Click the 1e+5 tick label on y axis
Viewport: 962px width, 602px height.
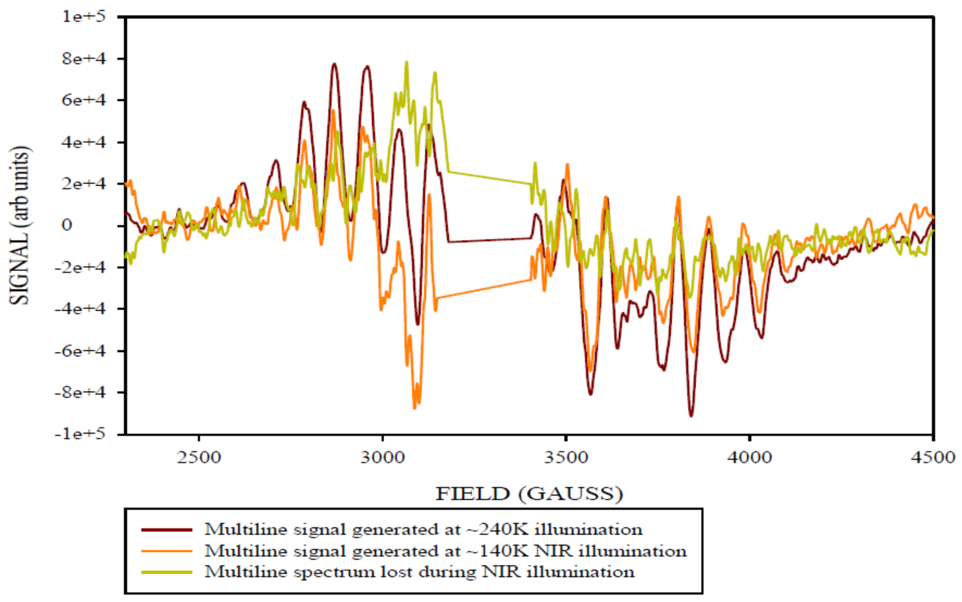pos(84,17)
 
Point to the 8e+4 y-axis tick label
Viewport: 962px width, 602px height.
pos(84,59)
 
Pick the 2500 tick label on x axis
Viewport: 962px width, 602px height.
pos(198,458)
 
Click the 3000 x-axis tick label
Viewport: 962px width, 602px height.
pos(382,458)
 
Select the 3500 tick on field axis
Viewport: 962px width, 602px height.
pos(566,458)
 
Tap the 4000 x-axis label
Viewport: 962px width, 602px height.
pos(749,458)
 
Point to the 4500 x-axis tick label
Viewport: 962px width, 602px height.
pos(933,458)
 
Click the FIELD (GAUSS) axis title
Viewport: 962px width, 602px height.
pos(529,494)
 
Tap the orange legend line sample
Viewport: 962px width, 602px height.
pos(166,551)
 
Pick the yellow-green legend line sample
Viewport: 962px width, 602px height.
pos(166,572)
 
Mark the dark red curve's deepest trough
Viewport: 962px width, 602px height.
pos(691,416)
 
